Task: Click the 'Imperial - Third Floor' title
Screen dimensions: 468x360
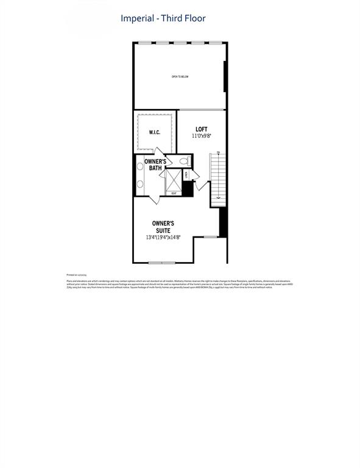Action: click(x=163, y=19)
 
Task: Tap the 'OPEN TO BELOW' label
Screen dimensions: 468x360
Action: click(x=180, y=77)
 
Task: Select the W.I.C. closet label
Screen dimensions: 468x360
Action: click(x=154, y=132)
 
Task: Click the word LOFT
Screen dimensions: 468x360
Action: click(x=202, y=129)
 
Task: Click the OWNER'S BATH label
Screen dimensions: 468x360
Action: click(x=155, y=165)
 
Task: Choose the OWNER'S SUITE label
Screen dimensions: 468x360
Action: click(x=163, y=227)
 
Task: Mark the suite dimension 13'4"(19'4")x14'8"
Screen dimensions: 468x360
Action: click(x=163, y=237)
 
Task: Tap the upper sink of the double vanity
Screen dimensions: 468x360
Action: click(x=139, y=166)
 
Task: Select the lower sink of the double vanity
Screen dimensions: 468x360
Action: click(x=139, y=183)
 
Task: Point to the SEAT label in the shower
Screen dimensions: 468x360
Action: click(x=174, y=194)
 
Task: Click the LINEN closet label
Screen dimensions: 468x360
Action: click(x=188, y=175)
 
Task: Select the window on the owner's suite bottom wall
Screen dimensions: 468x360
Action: click(x=161, y=263)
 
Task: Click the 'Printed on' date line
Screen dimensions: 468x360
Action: click(x=76, y=275)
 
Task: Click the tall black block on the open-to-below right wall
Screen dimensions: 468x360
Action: click(x=225, y=76)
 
